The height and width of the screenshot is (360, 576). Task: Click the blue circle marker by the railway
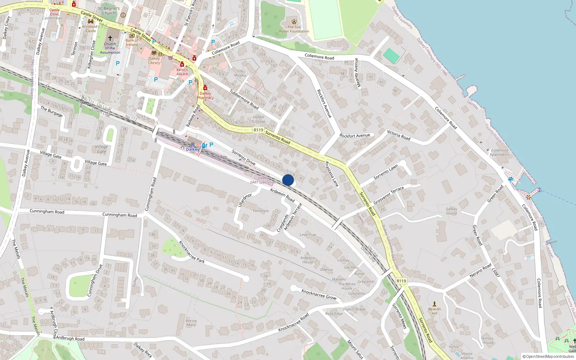click(288, 180)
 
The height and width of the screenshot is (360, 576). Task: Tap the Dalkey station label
click(193, 149)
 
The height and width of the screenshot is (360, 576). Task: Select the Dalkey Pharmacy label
click(205, 95)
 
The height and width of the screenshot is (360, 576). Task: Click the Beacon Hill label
click(435, 311)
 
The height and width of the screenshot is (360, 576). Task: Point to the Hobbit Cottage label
click(258, 119)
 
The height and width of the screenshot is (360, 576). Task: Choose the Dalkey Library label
click(154, 60)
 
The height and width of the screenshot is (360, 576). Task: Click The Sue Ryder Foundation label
click(294, 29)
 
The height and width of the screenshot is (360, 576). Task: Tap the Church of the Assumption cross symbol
click(110, 38)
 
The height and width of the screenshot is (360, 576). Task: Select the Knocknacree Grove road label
click(319, 294)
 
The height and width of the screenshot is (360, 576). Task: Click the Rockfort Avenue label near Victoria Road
click(355, 136)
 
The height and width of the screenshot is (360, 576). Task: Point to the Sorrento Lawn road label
click(386, 172)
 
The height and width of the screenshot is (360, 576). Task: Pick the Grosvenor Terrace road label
click(388, 195)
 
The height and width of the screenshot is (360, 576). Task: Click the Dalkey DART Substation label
click(263, 180)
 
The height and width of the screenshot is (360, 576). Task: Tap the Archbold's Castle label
click(91, 28)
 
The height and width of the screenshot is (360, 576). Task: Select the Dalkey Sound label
click(451, 211)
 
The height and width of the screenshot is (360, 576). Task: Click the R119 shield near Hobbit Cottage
click(258, 130)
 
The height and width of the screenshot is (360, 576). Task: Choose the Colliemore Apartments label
click(499, 152)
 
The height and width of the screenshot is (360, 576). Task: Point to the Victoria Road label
click(399, 135)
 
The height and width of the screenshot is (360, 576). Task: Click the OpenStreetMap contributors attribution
click(548, 357)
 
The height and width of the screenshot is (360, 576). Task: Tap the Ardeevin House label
click(308, 260)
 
